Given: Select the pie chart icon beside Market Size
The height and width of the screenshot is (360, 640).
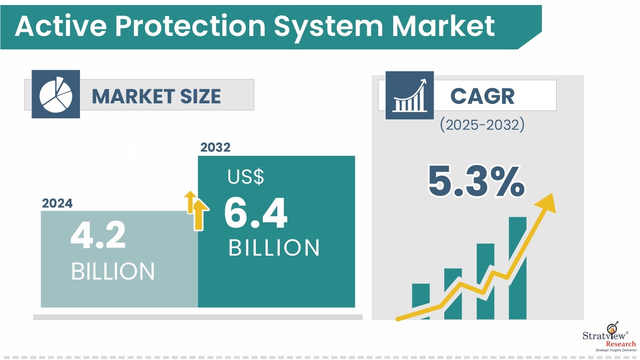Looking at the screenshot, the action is [x=56, y=94].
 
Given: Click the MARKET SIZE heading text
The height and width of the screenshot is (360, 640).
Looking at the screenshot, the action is [x=156, y=96].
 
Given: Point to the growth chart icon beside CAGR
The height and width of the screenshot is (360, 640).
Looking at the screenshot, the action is [x=410, y=95].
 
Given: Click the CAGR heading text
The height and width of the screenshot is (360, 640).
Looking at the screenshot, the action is [x=482, y=96].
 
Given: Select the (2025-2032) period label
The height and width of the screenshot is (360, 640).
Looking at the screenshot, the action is [x=482, y=125].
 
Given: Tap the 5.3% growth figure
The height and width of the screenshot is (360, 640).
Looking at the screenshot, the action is [x=476, y=181].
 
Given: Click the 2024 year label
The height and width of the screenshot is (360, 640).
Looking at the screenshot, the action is [x=57, y=203].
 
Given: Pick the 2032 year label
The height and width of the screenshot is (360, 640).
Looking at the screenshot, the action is [x=215, y=147].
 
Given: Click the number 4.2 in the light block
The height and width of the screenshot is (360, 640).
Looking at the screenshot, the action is [x=98, y=235].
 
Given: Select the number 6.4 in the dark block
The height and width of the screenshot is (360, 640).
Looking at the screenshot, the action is [x=256, y=213].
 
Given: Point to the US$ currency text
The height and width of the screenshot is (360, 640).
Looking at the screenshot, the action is [x=246, y=177].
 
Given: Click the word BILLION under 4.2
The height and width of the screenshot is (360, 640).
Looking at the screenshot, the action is [x=113, y=272].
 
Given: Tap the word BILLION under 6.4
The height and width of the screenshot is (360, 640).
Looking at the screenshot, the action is [x=274, y=248].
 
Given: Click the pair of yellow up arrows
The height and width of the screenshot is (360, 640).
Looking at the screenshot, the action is [x=196, y=210].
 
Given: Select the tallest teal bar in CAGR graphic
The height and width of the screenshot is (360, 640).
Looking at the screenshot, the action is [x=518, y=268].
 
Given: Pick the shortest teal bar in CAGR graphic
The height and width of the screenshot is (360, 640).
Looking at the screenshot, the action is [x=421, y=301].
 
